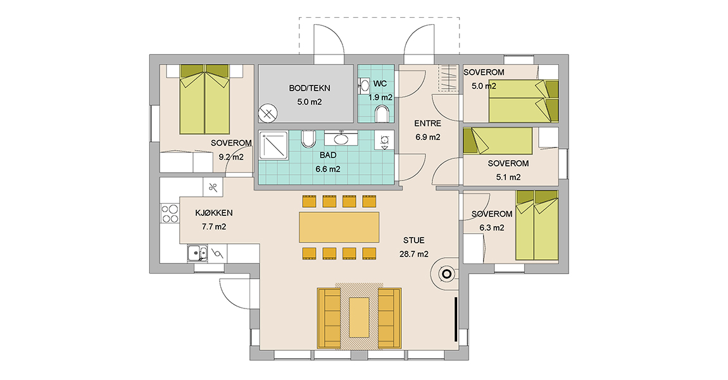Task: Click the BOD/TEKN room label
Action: tap(310, 88)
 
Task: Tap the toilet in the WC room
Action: tap(382, 114)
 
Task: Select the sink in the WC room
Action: tap(364, 86)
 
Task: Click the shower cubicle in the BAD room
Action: tap(273, 146)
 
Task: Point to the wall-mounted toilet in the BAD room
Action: tap(308, 139)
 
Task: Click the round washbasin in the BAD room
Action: tap(341, 138)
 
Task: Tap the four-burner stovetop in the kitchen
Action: tap(170, 213)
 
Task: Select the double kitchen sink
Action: tap(198, 253)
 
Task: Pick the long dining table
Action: tap(339, 227)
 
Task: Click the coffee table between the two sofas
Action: tap(359, 317)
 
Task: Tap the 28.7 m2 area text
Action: tap(413, 254)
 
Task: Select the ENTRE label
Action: tap(427, 123)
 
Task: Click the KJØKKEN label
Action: tap(213, 213)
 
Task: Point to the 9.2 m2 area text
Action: tap(231, 157)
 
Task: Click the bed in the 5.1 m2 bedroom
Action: tap(498, 141)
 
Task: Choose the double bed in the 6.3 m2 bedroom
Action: tap(537, 225)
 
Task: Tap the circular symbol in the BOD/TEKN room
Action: tap(268, 113)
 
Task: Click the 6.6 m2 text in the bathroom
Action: tap(328, 169)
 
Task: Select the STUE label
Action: tap(413, 240)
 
